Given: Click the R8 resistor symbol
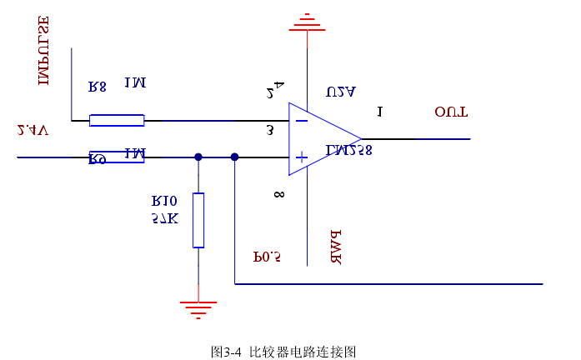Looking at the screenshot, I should pyautogui.click(x=117, y=121).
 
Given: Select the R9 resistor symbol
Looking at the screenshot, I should pyautogui.click(x=117, y=157).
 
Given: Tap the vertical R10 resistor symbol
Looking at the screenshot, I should pyautogui.click(x=198, y=220).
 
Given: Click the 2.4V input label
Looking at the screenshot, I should pyautogui.click(x=33, y=130).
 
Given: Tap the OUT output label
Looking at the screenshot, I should pyautogui.click(x=451, y=112).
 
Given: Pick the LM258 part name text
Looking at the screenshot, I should pyautogui.click(x=349, y=151).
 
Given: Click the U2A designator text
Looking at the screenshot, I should pyautogui.click(x=342, y=92).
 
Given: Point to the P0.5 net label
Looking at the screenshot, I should pyautogui.click(x=267, y=257).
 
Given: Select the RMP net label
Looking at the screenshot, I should pyautogui.click(x=337, y=247).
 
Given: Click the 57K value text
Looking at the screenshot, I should pyautogui.click(x=165, y=218).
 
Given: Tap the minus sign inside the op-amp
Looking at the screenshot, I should pyautogui.click(x=302, y=121).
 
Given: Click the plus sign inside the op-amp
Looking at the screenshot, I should pyautogui.click(x=302, y=157).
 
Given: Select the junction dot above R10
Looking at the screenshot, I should pyautogui.click(x=198, y=157).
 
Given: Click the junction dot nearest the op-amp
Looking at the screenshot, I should pyautogui.click(x=234, y=157).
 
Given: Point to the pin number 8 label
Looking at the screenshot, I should pyautogui.click(x=278, y=195).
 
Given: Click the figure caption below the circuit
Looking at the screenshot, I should pyautogui.click(x=283, y=352).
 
